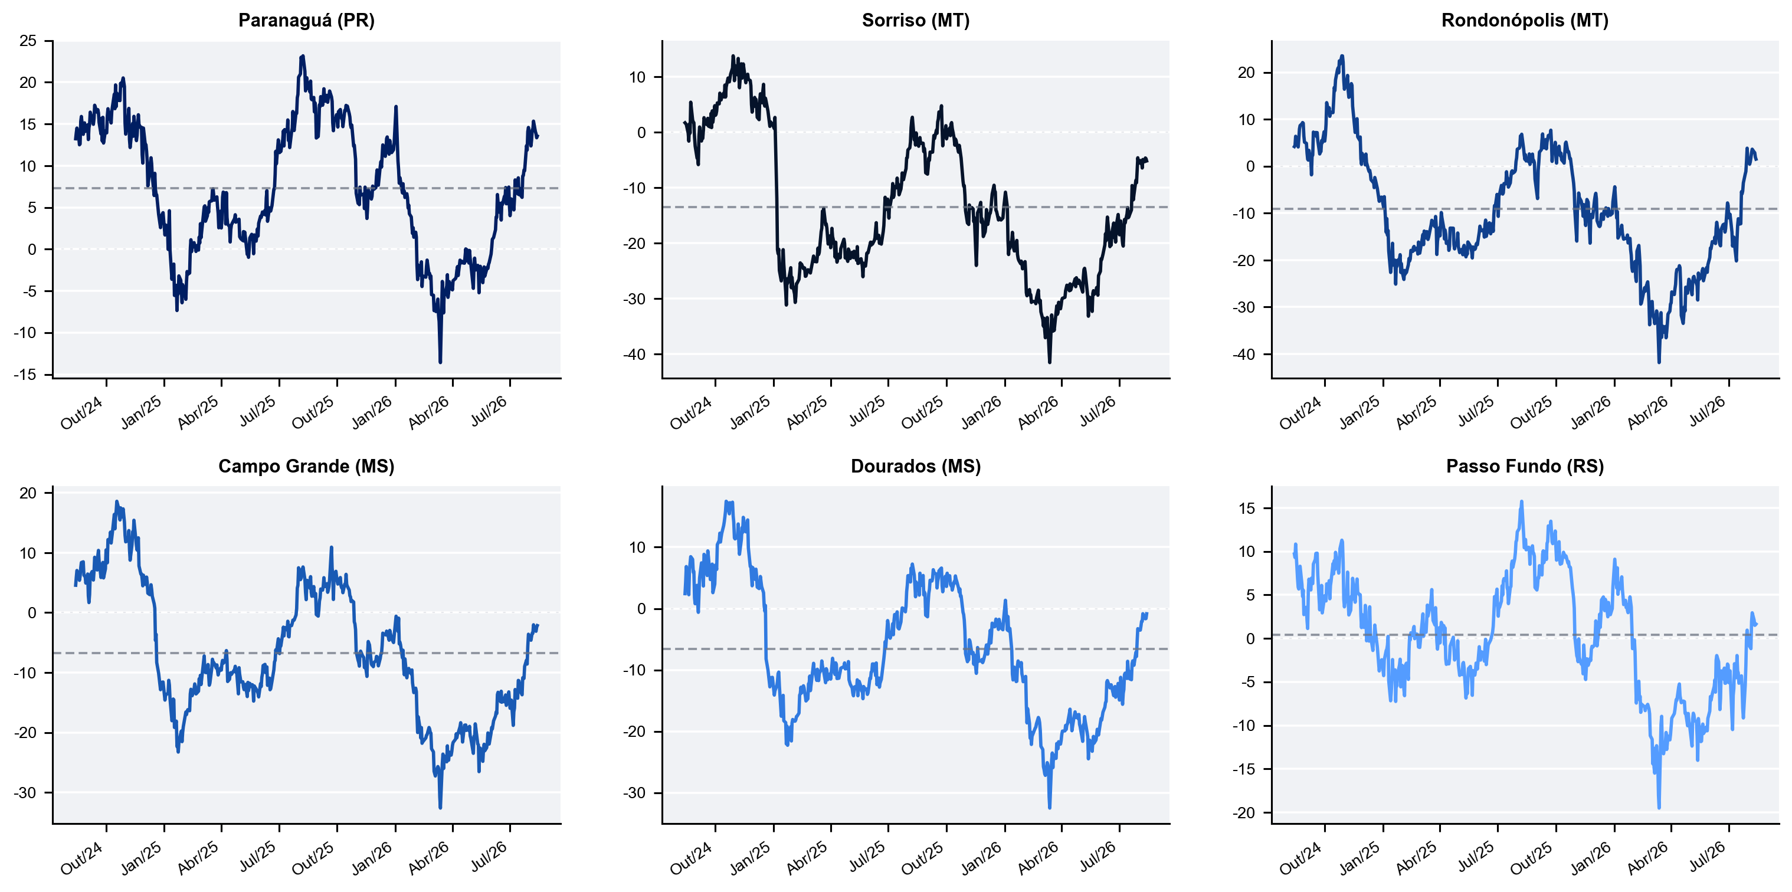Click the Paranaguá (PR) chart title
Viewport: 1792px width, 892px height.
tap(306, 20)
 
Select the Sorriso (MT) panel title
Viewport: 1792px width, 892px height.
tap(916, 20)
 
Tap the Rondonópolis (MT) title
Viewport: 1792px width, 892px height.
tap(1525, 20)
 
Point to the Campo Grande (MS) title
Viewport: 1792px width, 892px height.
tap(306, 466)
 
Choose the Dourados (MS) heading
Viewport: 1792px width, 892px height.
tap(916, 466)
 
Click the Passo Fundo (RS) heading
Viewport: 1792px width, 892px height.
tap(1525, 466)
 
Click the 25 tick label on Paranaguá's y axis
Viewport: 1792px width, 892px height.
tap(28, 41)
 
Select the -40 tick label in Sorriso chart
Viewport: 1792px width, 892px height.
tap(634, 355)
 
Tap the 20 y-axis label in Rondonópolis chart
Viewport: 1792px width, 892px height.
tap(1246, 73)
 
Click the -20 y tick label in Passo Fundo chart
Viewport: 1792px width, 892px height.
tap(1244, 813)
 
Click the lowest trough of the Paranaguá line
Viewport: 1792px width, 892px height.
tap(440, 362)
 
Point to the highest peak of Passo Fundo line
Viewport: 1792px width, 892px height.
tap(1521, 501)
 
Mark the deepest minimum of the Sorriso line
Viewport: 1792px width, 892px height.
tap(1050, 362)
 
